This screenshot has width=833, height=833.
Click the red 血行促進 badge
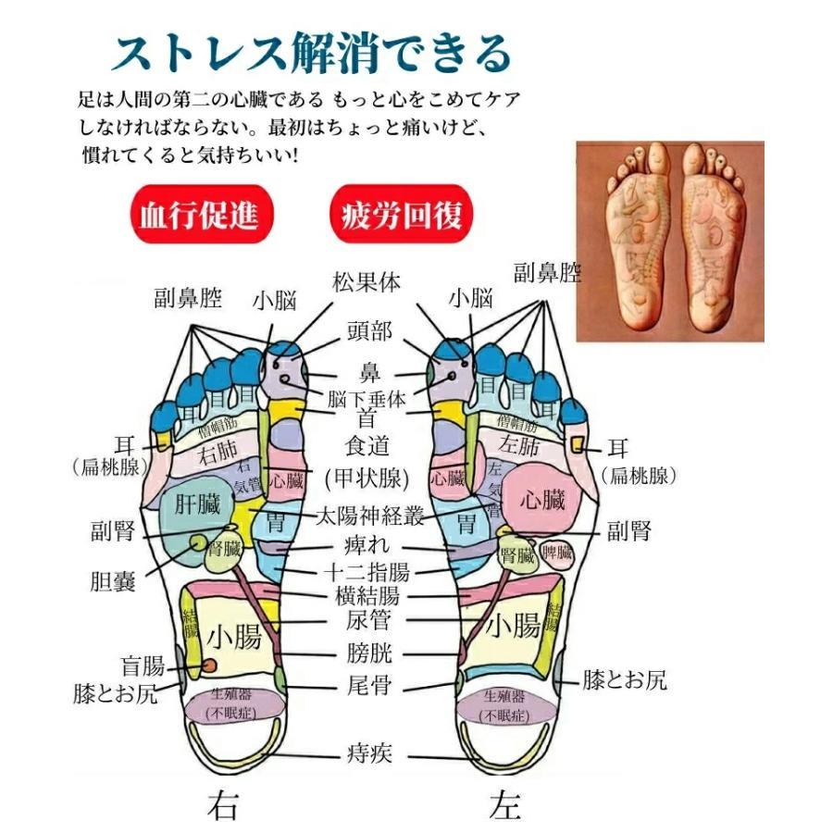[193, 216]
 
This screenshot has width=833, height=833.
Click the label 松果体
[367, 281]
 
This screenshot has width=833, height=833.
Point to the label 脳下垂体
[367, 400]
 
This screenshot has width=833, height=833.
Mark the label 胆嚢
[113, 582]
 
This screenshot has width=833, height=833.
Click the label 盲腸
[143, 665]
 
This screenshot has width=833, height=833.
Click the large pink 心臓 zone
[542, 503]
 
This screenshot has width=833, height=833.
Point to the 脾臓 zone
[557, 553]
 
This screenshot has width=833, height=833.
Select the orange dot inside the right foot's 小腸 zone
[210, 665]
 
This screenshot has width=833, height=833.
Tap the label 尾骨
[369, 686]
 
